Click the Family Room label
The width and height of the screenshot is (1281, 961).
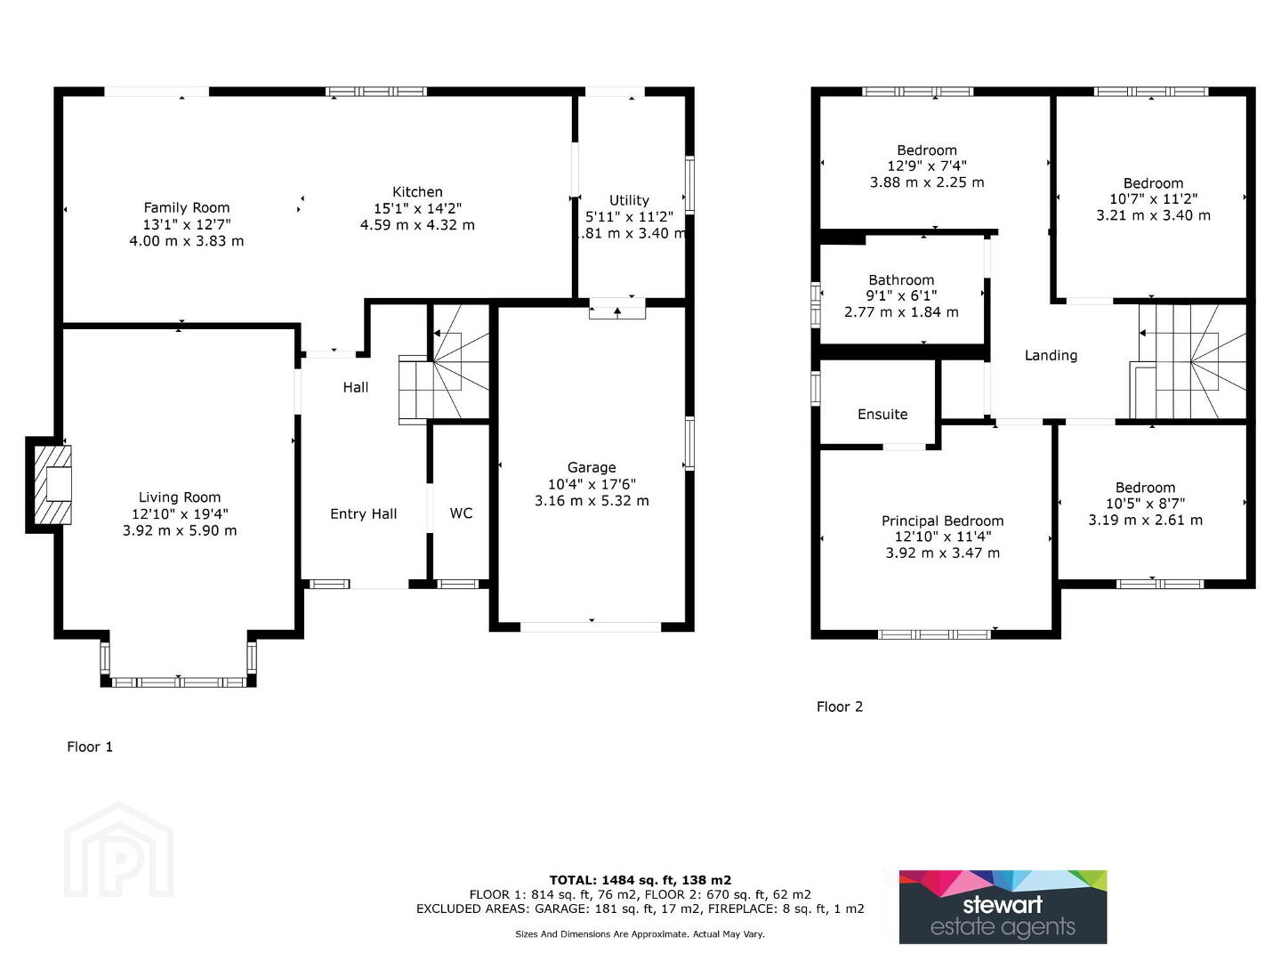pyautogui.click(x=187, y=207)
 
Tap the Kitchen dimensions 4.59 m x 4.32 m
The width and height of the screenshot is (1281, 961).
pyautogui.click(x=417, y=224)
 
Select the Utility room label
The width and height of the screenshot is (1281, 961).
pyautogui.click(x=629, y=200)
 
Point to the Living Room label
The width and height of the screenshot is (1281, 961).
pyautogui.click(x=180, y=497)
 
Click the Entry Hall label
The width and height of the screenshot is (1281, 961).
pyautogui.click(x=364, y=514)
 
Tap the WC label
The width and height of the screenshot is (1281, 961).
pyautogui.click(x=461, y=513)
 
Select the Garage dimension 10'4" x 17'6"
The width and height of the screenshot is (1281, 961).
pyautogui.click(x=592, y=484)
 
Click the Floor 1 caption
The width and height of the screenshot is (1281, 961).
pyautogui.click(x=90, y=747)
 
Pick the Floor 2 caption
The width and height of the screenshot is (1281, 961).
pyautogui.click(x=839, y=707)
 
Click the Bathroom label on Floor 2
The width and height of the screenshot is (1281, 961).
pyautogui.click(x=901, y=280)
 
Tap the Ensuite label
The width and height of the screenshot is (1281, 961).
pyautogui.click(x=882, y=415)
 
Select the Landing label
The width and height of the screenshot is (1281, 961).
pyautogui.click(x=1051, y=355)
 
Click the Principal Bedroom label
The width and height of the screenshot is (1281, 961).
pyautogui.click(x=942, y=521)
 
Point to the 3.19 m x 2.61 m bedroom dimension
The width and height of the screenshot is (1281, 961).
pyautogui.click(x=1146, y=520)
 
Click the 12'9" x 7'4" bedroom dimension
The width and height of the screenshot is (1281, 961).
pyautogui.click(x=927, y=166)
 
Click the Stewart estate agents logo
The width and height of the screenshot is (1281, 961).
pyautogui.click(x=1003, y=908)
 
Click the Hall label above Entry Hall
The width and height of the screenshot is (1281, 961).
pyautogui.click(x=356, y=387)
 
